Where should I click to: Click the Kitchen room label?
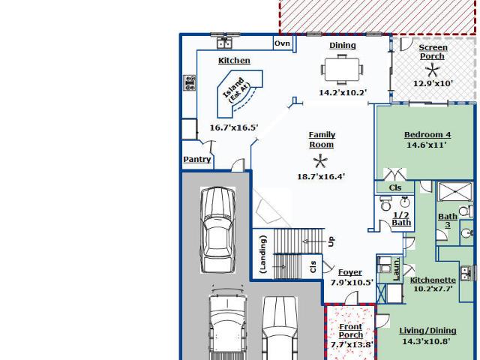pos(234,61)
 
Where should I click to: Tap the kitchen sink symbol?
pos(224,43)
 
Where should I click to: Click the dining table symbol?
pos(342,70)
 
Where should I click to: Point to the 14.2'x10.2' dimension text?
pos(343,92)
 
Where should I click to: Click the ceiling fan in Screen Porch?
pos(432,70)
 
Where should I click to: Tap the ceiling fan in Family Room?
pos(320,161)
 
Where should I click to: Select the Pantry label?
pos(197,160)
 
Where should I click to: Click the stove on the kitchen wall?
pos(190,82)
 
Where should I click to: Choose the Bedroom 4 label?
pos(427,135)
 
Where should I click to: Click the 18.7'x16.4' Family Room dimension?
pos(321,177)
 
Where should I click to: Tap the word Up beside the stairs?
pos(331,241)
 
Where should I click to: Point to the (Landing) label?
pos(263,254)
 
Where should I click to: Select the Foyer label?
pos(350,272)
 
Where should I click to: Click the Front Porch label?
pos(351,331)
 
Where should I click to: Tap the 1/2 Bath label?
pos(401,218)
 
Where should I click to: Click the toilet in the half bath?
pos(386,203)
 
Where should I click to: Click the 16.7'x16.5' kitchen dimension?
pos(234,127)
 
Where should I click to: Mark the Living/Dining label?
pos(427,331)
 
